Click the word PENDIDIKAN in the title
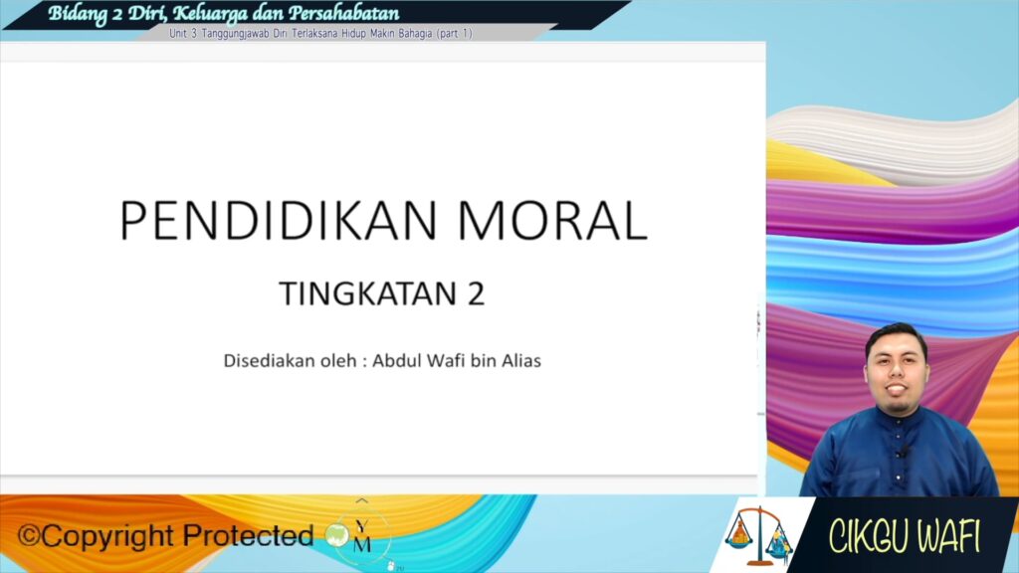[x=279, y=221]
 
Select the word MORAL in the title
[x=552, y=221]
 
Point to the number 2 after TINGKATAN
[x=476, y=293]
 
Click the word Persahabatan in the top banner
[x=343, y=13]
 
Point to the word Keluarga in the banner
[x=210, y=14]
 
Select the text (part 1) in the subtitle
[x=454, y=34]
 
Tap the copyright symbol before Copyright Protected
[x=29, y=536]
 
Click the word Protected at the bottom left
[x=248, y=536]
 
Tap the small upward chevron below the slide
[x=362, y=500]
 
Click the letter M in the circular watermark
[x=362, y=544]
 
